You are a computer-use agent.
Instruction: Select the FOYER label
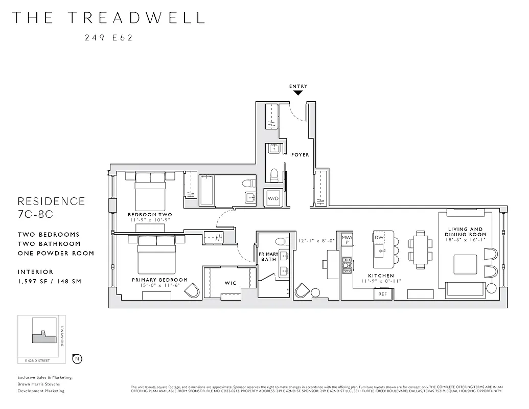(300, 154)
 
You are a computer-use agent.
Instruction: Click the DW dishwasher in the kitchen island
(379, 238)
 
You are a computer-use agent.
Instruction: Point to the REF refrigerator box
(383, 294)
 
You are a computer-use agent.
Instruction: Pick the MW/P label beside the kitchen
(347, 240)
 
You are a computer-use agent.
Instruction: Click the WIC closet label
(230, 283)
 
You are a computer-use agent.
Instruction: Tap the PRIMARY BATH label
(268, 257)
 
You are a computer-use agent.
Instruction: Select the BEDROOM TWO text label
(150, 214)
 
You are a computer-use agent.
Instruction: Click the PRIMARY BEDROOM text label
(159, 280)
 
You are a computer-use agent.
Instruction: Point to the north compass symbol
(77, 358)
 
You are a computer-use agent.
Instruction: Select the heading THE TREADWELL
(108, 17)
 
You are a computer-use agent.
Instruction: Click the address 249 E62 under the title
(108, 37)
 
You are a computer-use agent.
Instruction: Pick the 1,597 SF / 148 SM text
(50, 281)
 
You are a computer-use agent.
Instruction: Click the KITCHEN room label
(381, 276)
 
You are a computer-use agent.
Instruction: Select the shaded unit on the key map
(41, 337)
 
